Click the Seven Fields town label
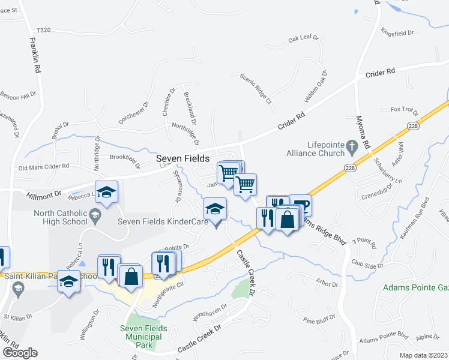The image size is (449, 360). pos(183,159)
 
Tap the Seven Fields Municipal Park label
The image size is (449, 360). pos(143,337)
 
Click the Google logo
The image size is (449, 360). pos(20,353)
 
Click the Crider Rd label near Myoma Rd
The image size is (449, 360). pos(380,73)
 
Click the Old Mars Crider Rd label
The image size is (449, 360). pos(44,167)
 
